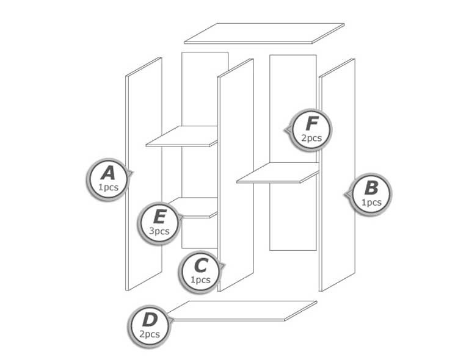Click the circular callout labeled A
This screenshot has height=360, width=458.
click(x=107, y=180)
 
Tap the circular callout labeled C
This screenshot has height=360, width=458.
click(x=200, y=272)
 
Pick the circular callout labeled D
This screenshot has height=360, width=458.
click(x=149, y=326)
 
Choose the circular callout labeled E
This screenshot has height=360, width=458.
click(x=159, y=223)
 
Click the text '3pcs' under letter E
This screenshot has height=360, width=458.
click(x=159, y=231)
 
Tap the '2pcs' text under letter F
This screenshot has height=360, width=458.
click(x=311, y=138)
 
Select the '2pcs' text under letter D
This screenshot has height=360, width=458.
click(x=149, y=334)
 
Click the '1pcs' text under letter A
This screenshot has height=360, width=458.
click(x=108, y=187)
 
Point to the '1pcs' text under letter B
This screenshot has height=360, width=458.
click(x=371, y=203)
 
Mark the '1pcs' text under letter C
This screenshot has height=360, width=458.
click(x=200, y=279)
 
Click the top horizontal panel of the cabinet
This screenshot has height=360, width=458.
click(x=264, y=34)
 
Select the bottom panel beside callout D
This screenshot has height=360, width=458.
click(x=242, y=311)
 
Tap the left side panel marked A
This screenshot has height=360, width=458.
click(x=144, y=174)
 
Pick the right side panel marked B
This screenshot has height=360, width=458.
click(x=337, y=175)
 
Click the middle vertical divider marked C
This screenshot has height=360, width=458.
click(x=236, y=175)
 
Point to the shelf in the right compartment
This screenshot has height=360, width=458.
click(x=278, y=173)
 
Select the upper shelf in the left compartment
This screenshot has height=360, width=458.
click(x=182, y=136)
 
